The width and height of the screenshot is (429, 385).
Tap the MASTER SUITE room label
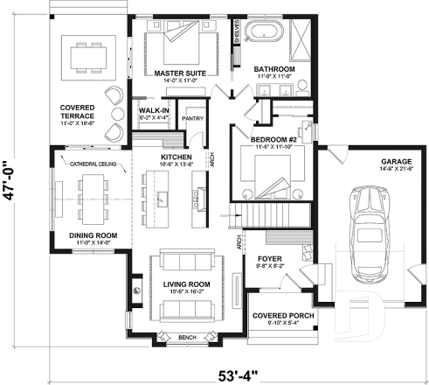tap(179, 73)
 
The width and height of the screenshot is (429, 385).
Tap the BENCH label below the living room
tap(185, 335)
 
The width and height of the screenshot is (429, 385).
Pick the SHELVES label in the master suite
tap(237, 32)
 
